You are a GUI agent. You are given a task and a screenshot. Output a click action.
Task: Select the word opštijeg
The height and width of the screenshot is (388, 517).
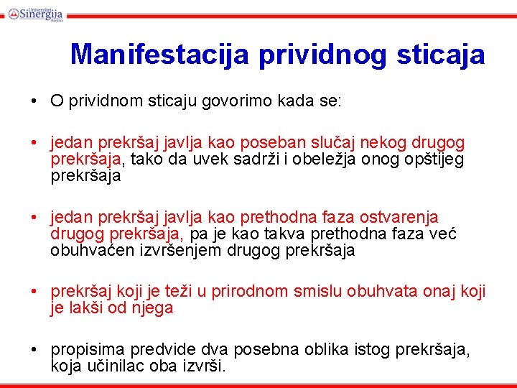(x=434, y=159)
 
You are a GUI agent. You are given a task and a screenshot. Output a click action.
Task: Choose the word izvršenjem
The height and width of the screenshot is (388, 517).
(x=189, y=251)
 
